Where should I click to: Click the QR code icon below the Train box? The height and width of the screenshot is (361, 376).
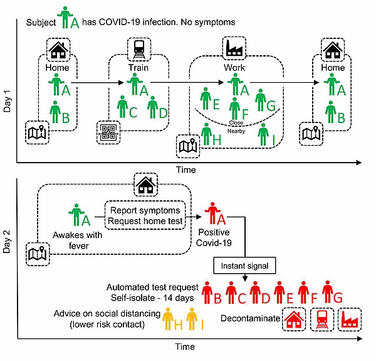coord(108,132)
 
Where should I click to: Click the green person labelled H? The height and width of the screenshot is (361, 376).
coord(206,134)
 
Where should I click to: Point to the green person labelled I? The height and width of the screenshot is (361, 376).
coord(263,134)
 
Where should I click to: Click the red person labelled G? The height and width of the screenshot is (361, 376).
coord(326,291)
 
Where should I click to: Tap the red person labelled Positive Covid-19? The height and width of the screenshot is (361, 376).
coord(214,215)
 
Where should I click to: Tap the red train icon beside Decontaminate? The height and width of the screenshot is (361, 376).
coord(322,318)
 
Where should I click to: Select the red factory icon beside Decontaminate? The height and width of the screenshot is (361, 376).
coord(350,318)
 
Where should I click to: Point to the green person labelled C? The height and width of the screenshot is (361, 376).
coord(123,107)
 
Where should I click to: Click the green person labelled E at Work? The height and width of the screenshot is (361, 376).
coord(206,99)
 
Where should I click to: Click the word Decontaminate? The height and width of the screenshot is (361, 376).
coord(249,318)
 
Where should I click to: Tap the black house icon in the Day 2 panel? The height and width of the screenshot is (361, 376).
coord(147,184)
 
